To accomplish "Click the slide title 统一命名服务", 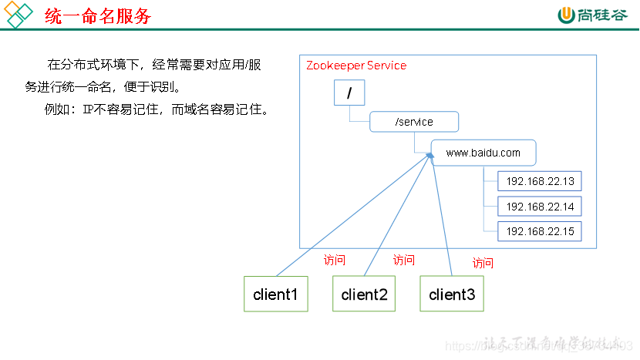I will (98, 16).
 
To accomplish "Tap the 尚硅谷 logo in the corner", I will (593, 15).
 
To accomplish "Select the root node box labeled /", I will (349, 93).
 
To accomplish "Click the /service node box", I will (414, 122).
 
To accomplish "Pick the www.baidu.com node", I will (483, 153).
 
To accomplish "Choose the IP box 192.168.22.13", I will (540, 182).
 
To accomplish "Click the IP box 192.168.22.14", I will (540, 207).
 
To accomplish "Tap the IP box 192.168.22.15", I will (540, 231).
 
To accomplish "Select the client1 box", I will (275, 294).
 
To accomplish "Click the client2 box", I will (364, 294).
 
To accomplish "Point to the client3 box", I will (452, 294).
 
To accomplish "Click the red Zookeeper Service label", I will (355, 66).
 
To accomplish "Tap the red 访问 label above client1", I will (335, 261).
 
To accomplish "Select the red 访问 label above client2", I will (403, 261).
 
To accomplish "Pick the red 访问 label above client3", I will (483, 263).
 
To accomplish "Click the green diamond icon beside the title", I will (19, 15).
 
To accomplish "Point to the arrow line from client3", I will (443, 216).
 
